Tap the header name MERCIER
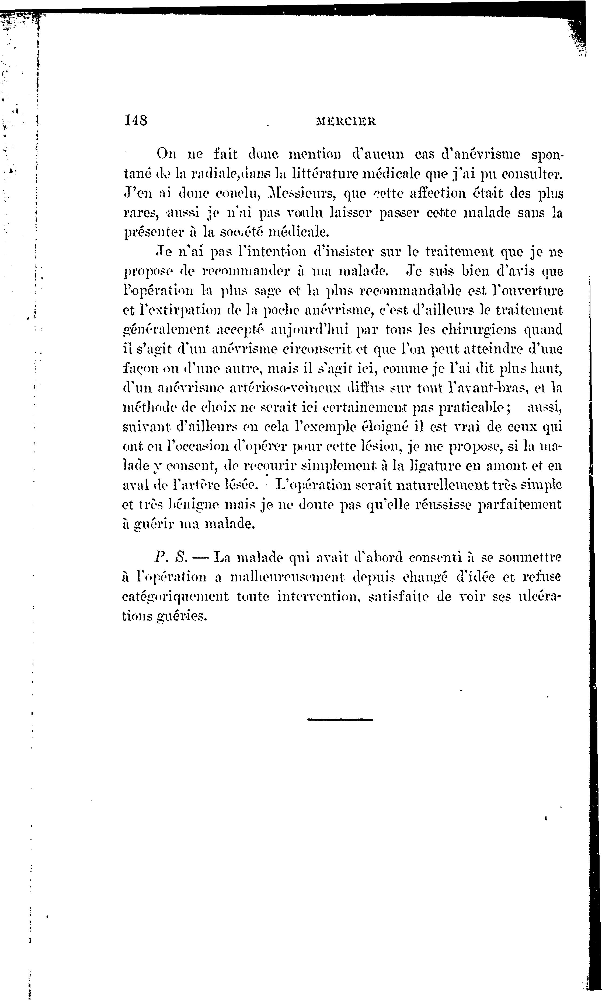(346, 121)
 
